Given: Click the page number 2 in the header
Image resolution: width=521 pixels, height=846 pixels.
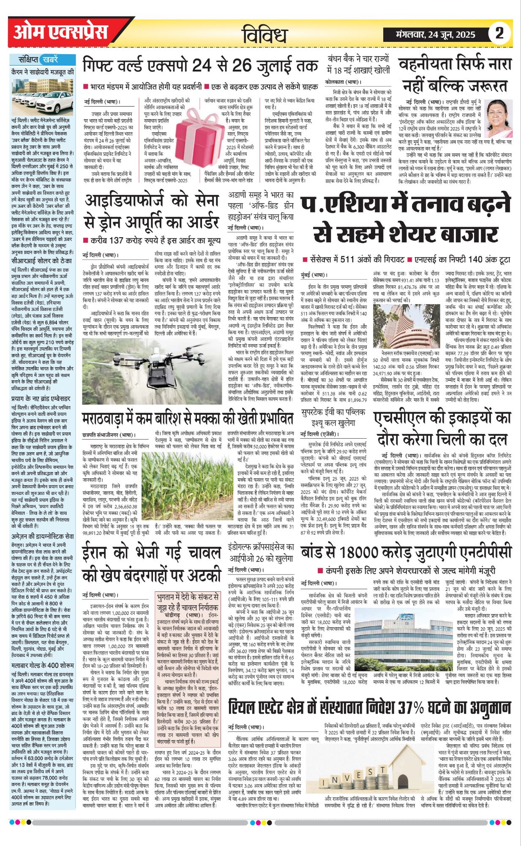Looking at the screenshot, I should [x=499, y=33].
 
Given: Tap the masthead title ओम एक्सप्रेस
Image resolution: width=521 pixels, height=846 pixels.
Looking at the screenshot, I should [x=60, y=33].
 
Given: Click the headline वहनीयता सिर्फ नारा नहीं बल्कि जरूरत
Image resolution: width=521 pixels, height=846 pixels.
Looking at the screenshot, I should [x=455, y=76].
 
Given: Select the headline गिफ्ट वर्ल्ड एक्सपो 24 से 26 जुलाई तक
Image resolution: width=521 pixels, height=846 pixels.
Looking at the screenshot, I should [x=200, y=66].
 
